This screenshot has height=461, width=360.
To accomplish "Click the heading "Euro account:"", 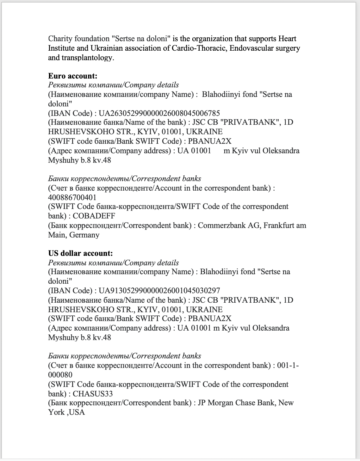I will tap(72, 76).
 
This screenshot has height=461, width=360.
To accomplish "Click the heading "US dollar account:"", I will tap(80, 253).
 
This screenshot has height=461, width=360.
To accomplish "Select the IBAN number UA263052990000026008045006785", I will tap(159, 113).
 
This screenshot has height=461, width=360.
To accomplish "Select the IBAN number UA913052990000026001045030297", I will tap(159, 291).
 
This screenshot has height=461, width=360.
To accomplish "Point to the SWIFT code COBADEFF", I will tap(94, 216).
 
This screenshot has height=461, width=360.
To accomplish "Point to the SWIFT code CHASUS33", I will tap(93, 394).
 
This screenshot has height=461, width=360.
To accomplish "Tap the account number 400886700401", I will tap(72, 198).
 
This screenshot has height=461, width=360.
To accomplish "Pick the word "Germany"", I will tap(84, 235).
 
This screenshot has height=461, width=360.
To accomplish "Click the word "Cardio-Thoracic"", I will tap(198, 48).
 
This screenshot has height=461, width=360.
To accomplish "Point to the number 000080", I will tap(60, 375).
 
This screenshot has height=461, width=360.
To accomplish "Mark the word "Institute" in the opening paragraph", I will tap(61, 48).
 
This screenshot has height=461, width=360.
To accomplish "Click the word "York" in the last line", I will tap(56, 412).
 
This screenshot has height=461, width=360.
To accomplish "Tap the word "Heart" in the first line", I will tap(287, 39).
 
